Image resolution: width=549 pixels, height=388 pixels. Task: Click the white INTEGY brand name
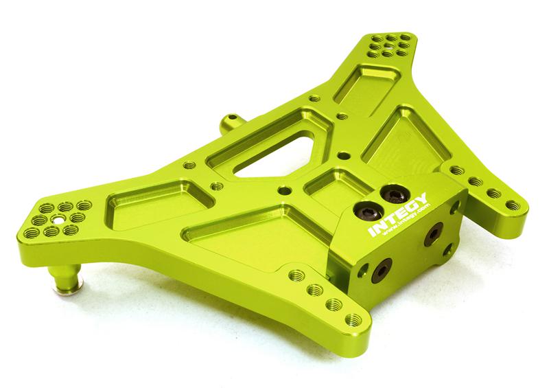pos(399,214)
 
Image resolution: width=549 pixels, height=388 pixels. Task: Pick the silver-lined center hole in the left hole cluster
pos(56,220)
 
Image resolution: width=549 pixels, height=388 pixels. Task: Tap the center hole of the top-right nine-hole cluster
pos(391,45)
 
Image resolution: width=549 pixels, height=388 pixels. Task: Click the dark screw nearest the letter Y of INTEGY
pos(391,192)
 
